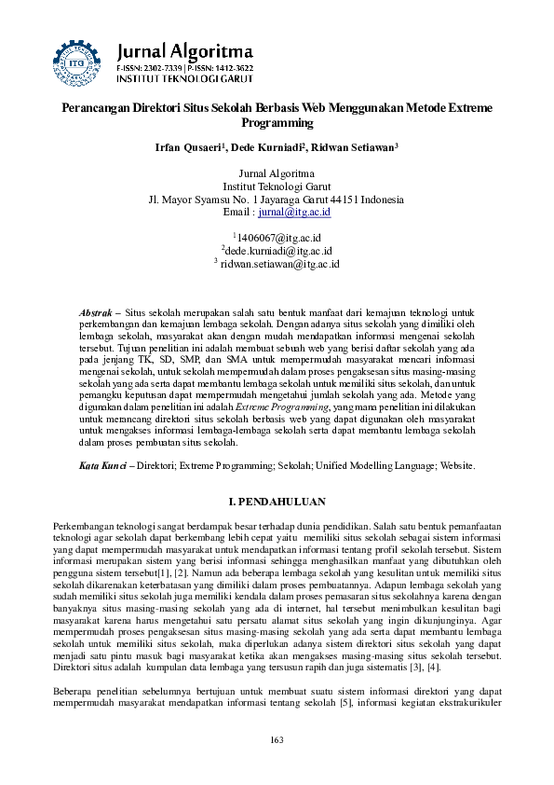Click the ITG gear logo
click(74, 59)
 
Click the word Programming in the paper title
click(277, 123)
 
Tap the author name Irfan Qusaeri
click(192, 147)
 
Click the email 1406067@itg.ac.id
click(278, 237)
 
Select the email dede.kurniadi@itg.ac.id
click(278, 251)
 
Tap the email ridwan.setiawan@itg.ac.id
click(279, 265)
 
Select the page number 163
click(277, 765)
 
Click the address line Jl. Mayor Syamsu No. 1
click(277, 200)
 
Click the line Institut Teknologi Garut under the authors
click(277, 186)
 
